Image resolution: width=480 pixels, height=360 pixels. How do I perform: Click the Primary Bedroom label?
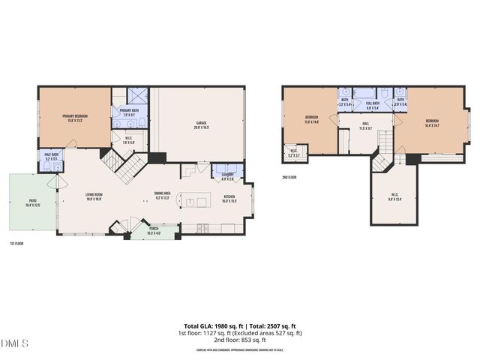(x=75, y=118)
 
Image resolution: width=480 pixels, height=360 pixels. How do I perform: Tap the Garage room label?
(x=202, y=124)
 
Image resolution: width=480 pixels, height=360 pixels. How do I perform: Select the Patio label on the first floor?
(x=33, y=202)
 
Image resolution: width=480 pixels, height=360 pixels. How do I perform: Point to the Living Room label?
(x=94, y=196)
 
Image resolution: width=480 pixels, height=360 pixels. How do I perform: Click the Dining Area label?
(x=163, y=196)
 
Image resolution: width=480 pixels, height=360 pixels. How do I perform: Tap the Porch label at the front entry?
(x=153, y=229)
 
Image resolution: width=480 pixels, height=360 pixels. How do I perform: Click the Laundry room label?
(x=227, y=176)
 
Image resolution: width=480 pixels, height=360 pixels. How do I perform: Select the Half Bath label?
(x=52, y=156)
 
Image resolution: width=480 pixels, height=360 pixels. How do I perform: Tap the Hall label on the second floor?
(x=365, y=126)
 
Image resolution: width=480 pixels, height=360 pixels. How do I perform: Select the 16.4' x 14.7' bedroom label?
(x=432, y=123)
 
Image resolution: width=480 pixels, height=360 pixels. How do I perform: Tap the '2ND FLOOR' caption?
(x=290, y=178)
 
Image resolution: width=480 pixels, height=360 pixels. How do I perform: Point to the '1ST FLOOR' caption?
(x=17, y=243)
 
